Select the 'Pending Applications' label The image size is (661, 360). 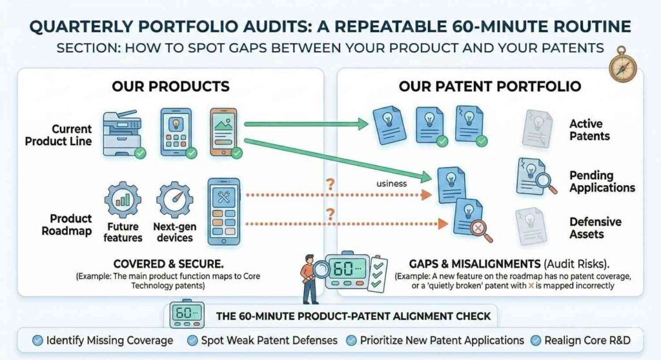tap(602, 181)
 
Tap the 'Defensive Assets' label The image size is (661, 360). tap(595, 228)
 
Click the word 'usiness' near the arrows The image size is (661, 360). tap(391, 183)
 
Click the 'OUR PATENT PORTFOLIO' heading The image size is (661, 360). tap(490, 86)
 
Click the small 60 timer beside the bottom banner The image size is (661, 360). tap(186, 315)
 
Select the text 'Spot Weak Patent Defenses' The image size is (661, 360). tap(270, 340)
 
